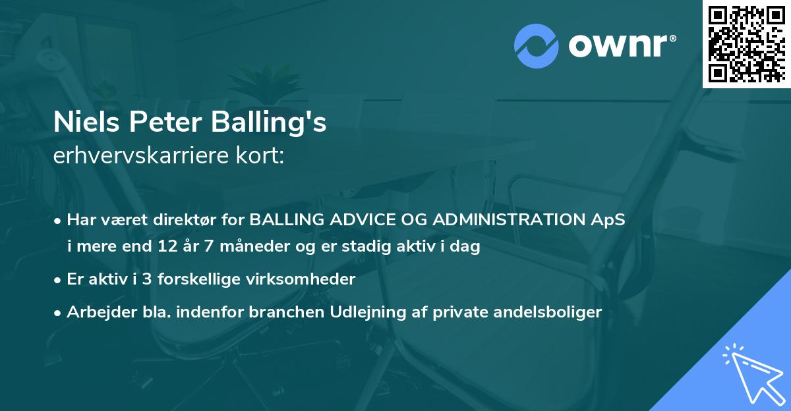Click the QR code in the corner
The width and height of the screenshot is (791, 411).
click(x=746, y=44)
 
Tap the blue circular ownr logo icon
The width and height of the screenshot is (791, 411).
click(x=536, y=46)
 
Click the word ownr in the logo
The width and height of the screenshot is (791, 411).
click(x=618, y=46)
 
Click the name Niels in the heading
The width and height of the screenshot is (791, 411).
click(x=86, y=122)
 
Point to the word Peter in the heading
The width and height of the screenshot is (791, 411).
click(x=165, y=122)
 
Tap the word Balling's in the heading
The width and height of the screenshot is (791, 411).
click(x=268, y=123)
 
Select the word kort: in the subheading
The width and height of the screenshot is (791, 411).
click(x=260, y=155)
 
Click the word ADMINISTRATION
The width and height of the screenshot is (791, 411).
click(x=509, y=219)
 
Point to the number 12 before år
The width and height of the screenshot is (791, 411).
click(x=167, y=246)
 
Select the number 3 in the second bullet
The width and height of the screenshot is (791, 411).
click(x=147, y=279)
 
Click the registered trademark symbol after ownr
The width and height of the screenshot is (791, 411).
click(x=672, y=38)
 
